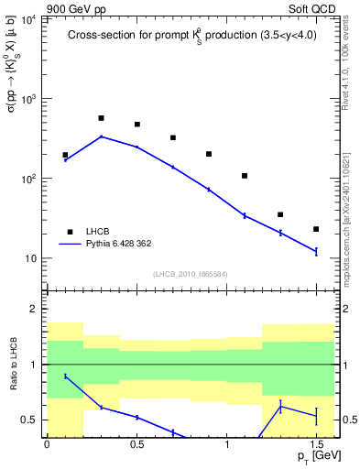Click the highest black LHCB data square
coord(101,118)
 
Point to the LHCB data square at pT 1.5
coord(316,229)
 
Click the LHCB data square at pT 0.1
coord(65,156)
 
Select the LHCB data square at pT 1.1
coord(245,176)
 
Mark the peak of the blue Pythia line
coord(101,136)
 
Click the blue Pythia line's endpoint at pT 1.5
coord(316,251)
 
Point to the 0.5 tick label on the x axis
coord(136,444)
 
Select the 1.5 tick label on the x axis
coord(316,444)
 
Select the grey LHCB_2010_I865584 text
coord(190,275)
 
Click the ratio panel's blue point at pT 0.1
coord(65,376)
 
